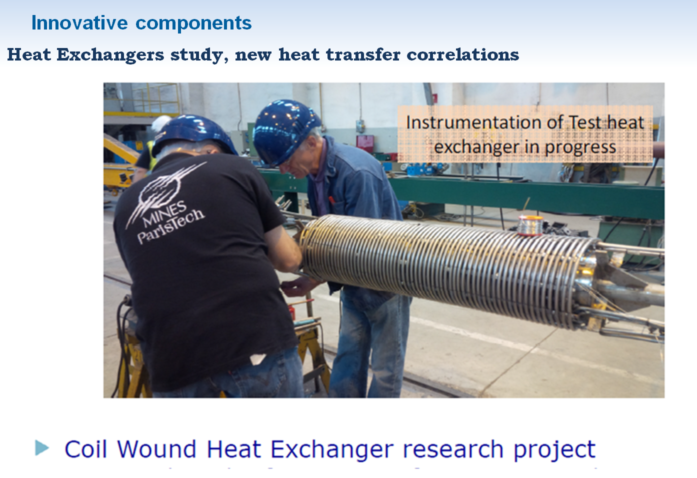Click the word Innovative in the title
pyautogui.click(x=79, y=22)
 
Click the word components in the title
pyautogui.click(x=193, y=23)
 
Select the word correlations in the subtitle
pyautogui.click(x=462, y=55)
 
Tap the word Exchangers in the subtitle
pyautogui.click(x=110, y=55)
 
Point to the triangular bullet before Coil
pyautogui.click(x=42, y=447)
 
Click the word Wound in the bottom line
pyautogui.click(x=156, y=449)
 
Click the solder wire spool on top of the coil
pyautogui.click(x=530, y=224)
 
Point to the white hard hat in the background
pyautogui.click(x=161, y=123)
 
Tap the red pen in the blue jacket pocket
pyautogui.click(x=332, y=200)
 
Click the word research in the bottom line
pyautogui.click(x=453, y=449)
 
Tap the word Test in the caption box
pyautogui.click(x=585, y=122)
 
